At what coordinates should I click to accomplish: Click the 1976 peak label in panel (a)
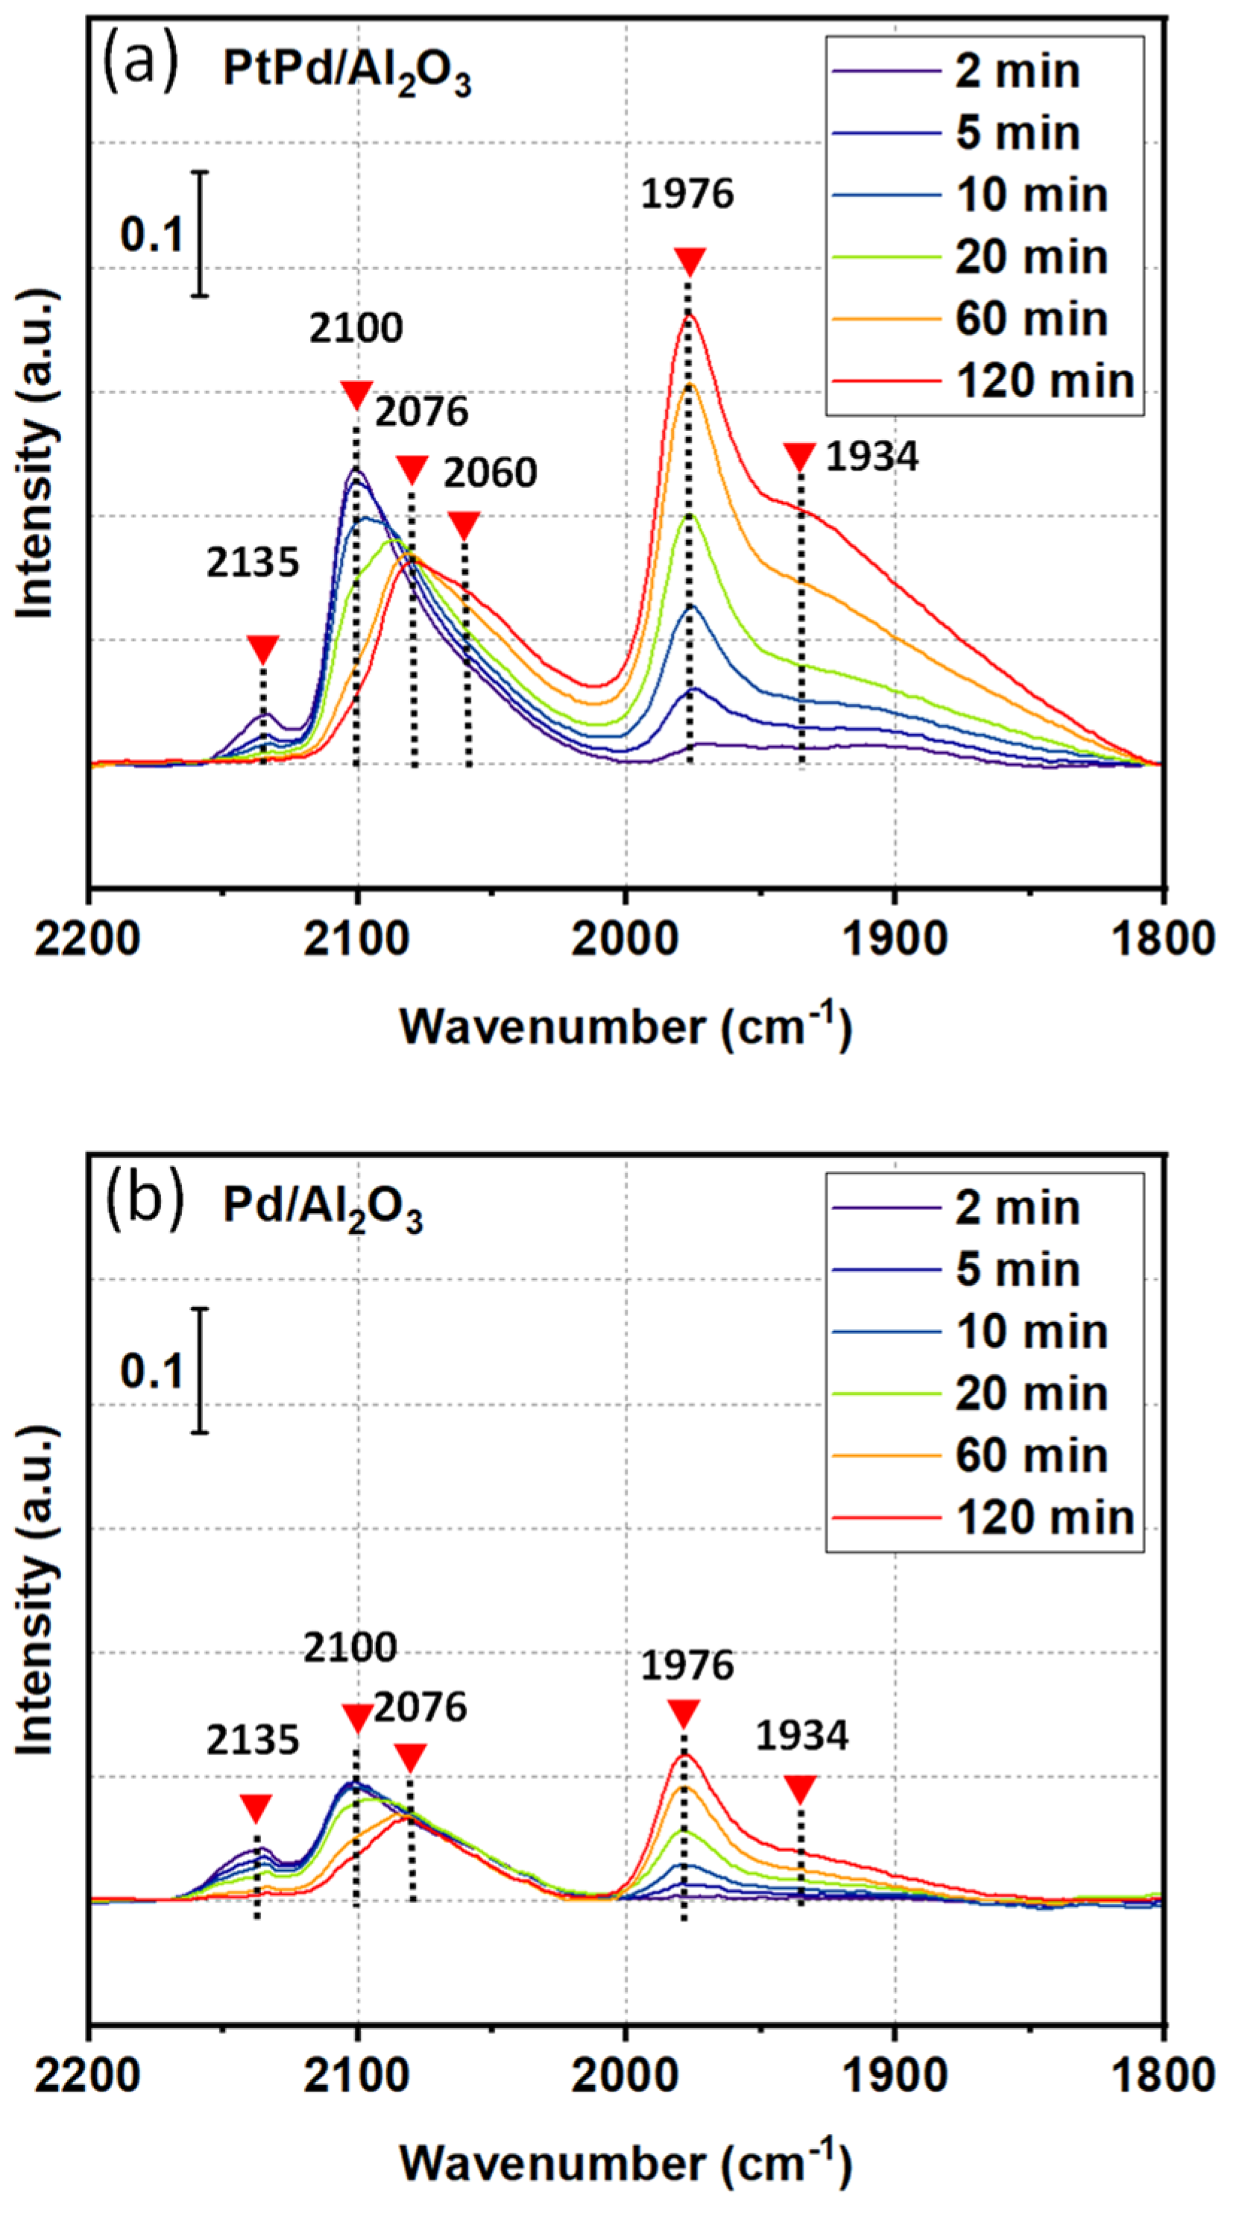(687, 193)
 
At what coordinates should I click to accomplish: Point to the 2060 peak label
(490, 473)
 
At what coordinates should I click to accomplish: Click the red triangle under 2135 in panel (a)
(263, 649)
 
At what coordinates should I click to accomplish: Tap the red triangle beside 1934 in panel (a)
(800, 456)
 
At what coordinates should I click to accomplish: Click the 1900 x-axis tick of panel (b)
(895, 2077)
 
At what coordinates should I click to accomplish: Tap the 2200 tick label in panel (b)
(88, 2077)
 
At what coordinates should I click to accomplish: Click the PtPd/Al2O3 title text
(347, 72)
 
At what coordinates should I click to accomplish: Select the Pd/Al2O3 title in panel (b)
(323, 1209)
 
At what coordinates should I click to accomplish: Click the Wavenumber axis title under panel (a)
(625, 1027)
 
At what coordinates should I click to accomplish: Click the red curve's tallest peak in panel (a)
(688, 316)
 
